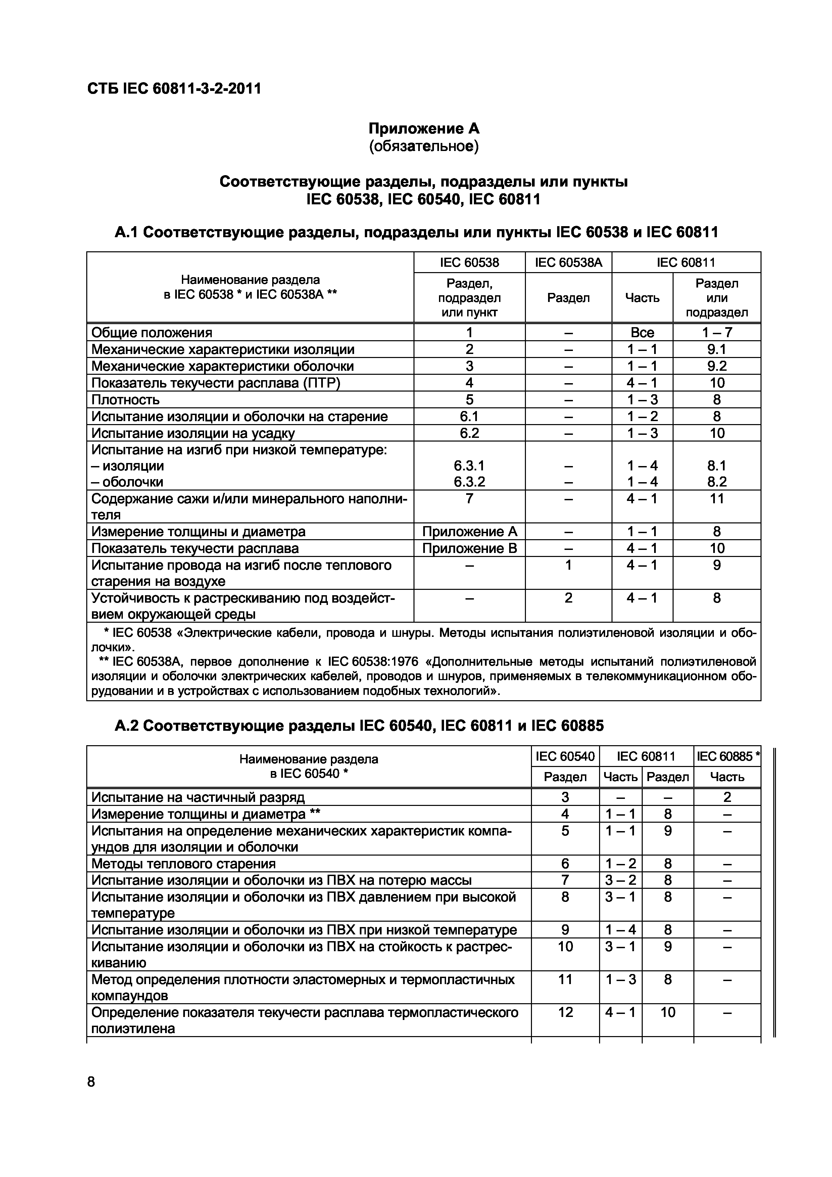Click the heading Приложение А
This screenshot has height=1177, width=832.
click(x=424, y=128)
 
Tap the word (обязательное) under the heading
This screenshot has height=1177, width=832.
click(x=424, y=147)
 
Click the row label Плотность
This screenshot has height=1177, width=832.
click(x=126, y=400)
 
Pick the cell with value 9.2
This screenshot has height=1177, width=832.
click(x=716, y=366)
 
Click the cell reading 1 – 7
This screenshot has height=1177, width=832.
click(x=716, y=333)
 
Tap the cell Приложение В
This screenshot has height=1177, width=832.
click(x=469, y=549)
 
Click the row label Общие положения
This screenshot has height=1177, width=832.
click(x=152, y=333)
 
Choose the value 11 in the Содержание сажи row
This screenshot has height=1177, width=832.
click(x=716, y=498)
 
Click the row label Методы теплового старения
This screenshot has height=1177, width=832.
click(x=184, y=864)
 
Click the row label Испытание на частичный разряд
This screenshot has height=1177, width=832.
click(x=198, y=797)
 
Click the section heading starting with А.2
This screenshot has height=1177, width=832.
click(x=359, y=725)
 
